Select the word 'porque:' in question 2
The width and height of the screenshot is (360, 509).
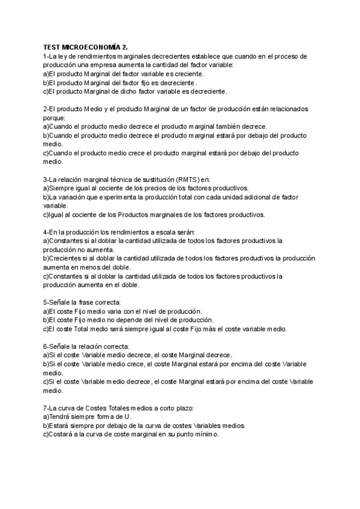click(x=55, y=118)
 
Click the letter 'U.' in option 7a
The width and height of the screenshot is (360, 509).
click(x=128, y=416)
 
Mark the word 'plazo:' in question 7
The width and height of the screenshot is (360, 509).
click(x=183, y=407)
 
